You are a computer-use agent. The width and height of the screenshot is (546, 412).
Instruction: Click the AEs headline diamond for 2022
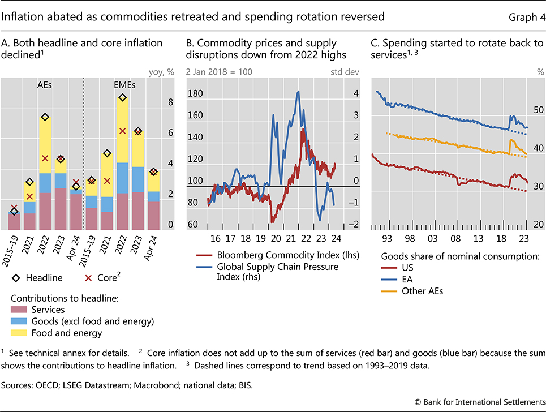[x=45, y=117]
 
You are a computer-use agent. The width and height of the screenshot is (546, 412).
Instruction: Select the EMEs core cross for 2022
[x=122, y=131]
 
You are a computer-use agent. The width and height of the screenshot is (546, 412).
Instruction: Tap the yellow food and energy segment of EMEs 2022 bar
[x=122, y=130]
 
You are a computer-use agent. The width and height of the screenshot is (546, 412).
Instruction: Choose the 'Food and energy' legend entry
[x=67, y=333]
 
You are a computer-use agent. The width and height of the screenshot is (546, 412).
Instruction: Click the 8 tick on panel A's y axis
[x=170, y=103]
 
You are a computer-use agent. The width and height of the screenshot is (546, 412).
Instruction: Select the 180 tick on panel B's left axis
[x=196, y=94]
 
